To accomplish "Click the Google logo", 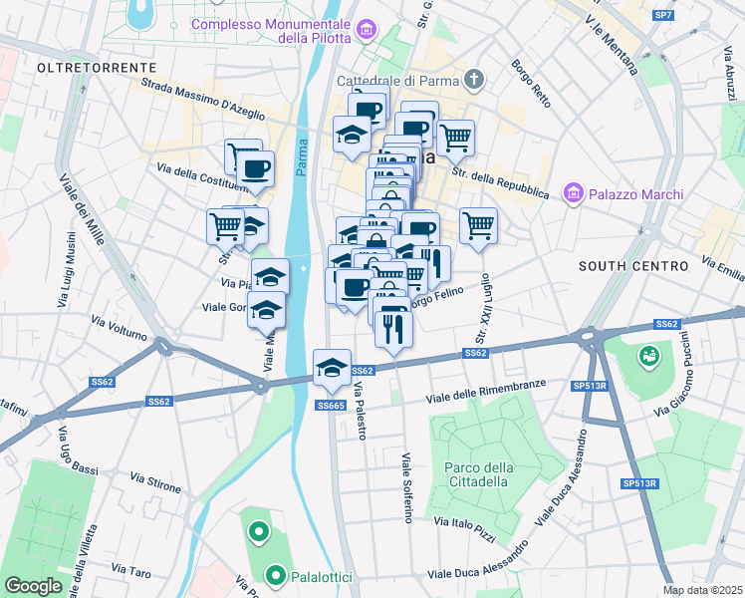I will click(33, 586).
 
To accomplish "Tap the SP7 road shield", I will click(663, 15).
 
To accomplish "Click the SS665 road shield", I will click(331, 405).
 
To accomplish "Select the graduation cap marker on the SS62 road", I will click(332, 370).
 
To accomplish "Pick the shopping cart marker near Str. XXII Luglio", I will click(478, 226).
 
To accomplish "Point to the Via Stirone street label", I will click(155, 483).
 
